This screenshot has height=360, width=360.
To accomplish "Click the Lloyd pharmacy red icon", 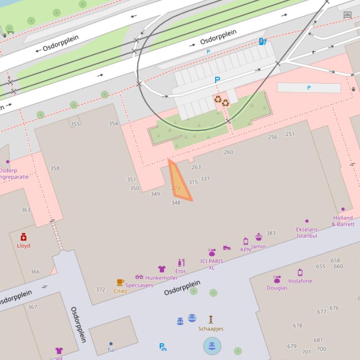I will [x=23, y=237].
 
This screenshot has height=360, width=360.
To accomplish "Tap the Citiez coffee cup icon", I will [x=120, y=282].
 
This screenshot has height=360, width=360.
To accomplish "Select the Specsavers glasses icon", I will [x=139, y=277].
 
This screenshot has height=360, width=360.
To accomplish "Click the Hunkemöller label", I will [x=161, y=278].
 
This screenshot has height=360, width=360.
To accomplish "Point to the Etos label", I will [x=181, y=271].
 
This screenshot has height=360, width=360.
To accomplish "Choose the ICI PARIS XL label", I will [x=212, y=264].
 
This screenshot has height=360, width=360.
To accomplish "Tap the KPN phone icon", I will [x=246, y=241].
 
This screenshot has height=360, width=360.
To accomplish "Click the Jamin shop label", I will [x=258, y=246].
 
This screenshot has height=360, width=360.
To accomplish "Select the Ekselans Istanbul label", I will [x=307, y=232].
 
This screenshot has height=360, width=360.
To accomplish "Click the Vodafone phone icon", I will [x=300, y=273].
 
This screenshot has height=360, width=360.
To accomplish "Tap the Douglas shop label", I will [x=277, y=288].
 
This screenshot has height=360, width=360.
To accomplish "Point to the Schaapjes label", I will [x=211, y=329].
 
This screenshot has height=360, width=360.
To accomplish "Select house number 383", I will [x=271, y=233].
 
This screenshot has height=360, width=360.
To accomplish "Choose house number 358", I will [x=55, y=168].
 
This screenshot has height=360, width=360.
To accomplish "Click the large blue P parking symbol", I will [x=217, y=80].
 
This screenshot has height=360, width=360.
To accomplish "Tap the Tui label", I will [x=111, y=350].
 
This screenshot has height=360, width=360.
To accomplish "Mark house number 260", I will [x=228, y=152].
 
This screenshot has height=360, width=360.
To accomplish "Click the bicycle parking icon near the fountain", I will [x=162, y=347].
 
